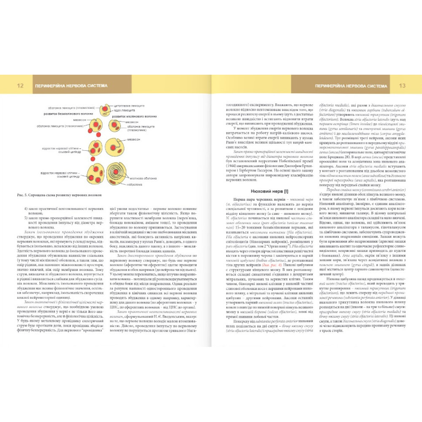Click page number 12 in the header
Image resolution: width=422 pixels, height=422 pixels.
20,86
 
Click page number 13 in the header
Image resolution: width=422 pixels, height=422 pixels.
402,86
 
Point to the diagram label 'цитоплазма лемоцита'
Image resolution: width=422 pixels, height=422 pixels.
129,105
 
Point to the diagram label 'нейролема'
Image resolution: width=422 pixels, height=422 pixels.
139,184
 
